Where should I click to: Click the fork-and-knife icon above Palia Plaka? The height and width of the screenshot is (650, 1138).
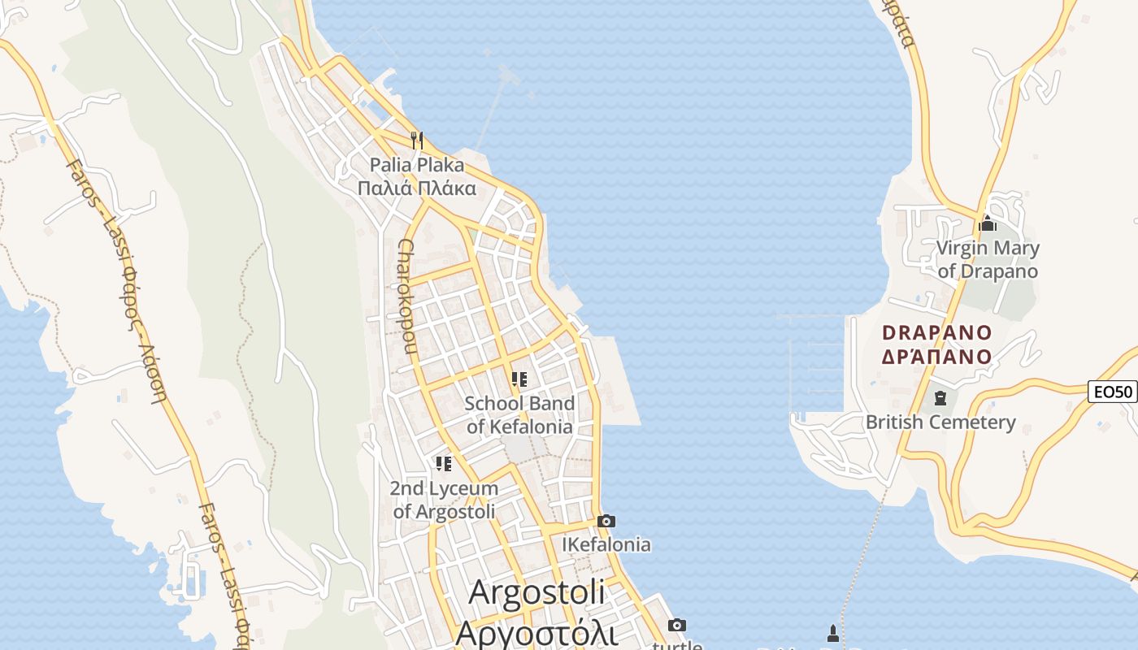[417, 141]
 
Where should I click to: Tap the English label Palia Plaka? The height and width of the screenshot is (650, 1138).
[417, 165]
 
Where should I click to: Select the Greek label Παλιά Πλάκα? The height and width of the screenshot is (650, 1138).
[417, 188]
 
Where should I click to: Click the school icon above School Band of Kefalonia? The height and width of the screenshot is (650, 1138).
[519, 379]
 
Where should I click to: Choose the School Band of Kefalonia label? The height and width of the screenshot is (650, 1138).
[519, 414]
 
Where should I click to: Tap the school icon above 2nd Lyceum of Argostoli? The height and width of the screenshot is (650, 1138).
[443, 464]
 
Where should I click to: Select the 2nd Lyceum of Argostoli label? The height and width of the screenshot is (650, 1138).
[444, 500]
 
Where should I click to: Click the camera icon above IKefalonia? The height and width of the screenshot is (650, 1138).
[606, 521]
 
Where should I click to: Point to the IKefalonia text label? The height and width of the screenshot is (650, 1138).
[606, 544]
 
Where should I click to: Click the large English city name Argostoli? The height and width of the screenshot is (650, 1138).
[536, 591]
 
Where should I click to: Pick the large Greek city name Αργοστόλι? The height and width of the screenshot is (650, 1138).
[536, 632]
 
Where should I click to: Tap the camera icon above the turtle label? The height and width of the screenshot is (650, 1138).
[676, 625]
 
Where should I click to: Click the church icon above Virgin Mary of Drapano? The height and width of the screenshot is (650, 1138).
[988, 223]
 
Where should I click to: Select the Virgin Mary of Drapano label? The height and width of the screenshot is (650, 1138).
[988, 259]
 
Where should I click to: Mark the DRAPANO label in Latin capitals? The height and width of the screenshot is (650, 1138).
[937, 332]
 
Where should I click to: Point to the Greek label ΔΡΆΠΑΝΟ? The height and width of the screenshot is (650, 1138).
[937, 357]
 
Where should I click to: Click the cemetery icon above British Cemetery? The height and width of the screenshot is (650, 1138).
[940, 398]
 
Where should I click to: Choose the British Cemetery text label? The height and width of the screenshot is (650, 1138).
[940, 422]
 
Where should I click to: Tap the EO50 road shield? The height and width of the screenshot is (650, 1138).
[1112, 392]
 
